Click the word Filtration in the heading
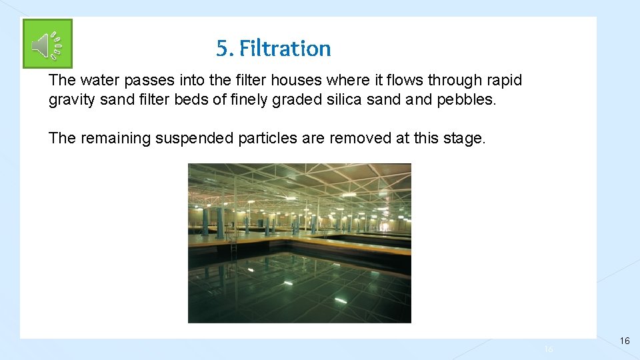pyautogui.click(x=285, y=49)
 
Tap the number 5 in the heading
pyautogui.click(x=222, y=49)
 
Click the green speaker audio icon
pyautogui.click(x=47, y=44)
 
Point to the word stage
pyautogui.click(x=465, y=139)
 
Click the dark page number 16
pyautogui.click(x=624, y=341)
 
